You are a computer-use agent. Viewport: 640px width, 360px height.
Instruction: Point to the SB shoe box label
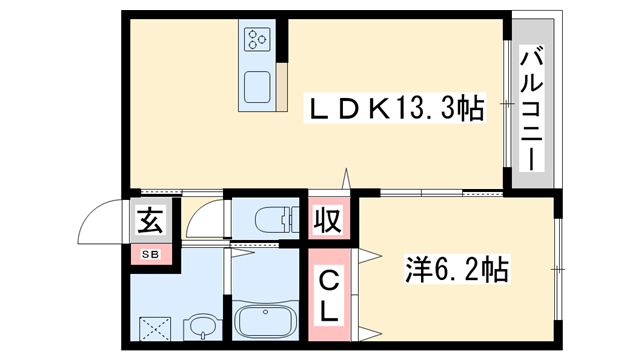(151, 254)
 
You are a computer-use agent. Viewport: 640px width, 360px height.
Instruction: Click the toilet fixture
(276, 219)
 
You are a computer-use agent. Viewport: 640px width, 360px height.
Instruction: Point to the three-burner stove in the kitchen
(257, 40)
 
